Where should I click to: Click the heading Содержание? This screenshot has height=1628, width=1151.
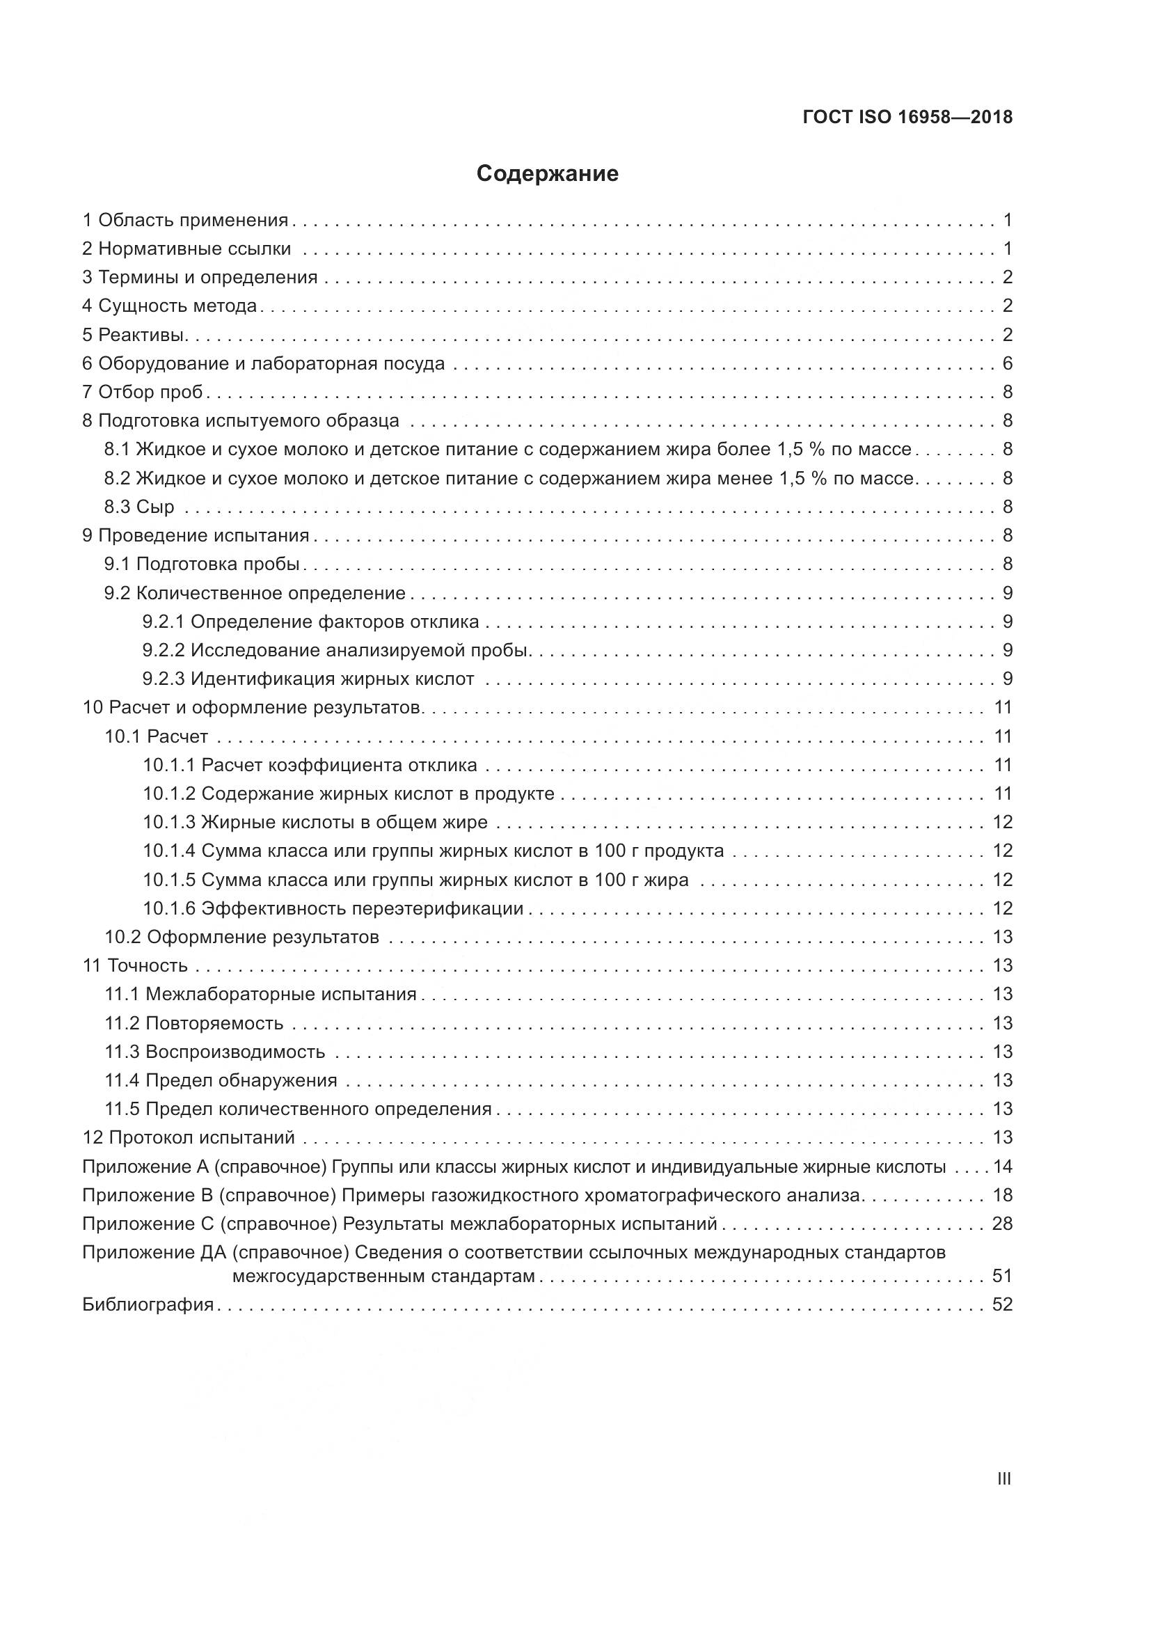pos(547,174)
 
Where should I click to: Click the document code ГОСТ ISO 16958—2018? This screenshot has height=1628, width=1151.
pos(907,117)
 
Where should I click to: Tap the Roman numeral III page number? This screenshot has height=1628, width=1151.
pos(1003,1479)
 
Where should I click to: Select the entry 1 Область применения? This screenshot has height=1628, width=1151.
pos(186,220)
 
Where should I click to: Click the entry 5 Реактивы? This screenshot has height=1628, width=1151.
pos(135,335)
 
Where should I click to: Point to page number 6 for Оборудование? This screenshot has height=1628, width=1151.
pos(1007,364)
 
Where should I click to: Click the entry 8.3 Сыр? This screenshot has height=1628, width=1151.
pos(140,507)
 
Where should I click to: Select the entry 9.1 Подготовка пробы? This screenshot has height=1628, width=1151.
pos(202,564)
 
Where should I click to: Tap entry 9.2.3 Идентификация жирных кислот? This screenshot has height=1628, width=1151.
pos(308,679)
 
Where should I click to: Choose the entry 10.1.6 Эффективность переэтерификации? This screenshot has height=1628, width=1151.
pos(333,908)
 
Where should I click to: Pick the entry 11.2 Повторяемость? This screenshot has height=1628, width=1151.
pos(194,1023)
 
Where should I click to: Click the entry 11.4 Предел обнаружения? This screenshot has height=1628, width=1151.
pos(221,1081)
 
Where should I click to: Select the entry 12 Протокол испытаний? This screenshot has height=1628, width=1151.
pos(189,1138)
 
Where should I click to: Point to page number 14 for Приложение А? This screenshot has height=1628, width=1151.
pos(1002,1167)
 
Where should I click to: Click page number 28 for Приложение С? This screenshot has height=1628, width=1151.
pos(1002,1224)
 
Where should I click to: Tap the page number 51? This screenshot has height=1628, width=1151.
pos(1002,1277)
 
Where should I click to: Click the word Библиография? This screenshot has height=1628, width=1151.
pos(148,1304)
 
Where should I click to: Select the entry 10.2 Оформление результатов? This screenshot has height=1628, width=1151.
pos(241,938)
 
